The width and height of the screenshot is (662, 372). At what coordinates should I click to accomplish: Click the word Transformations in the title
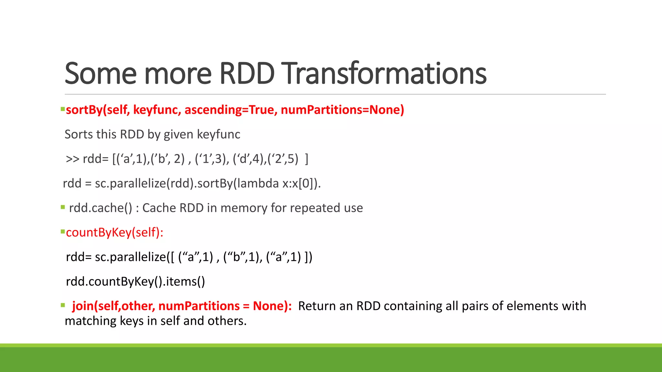point(385,74)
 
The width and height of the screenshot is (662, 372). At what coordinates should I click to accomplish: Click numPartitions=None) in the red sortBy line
point(342,110)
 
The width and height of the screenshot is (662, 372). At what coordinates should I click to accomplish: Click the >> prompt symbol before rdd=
point(72,159)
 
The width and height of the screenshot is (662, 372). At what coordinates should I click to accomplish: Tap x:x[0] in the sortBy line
point(298,183)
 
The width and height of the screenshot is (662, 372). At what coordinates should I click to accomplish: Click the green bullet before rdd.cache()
point(63,207)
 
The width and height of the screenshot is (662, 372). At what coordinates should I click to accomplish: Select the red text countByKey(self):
point(114,232)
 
